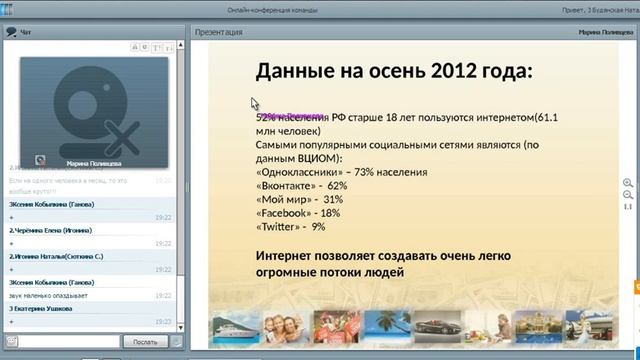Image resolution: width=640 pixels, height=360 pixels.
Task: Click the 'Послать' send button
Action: [138, 341]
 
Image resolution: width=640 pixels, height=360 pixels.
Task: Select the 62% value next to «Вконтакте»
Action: [337, 186]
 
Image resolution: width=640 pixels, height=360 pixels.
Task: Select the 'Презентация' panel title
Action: [220, 31]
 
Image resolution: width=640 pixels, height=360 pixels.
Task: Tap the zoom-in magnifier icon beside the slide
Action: [628, 183]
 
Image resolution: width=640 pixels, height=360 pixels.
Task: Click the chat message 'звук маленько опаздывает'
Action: [50, 295]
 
